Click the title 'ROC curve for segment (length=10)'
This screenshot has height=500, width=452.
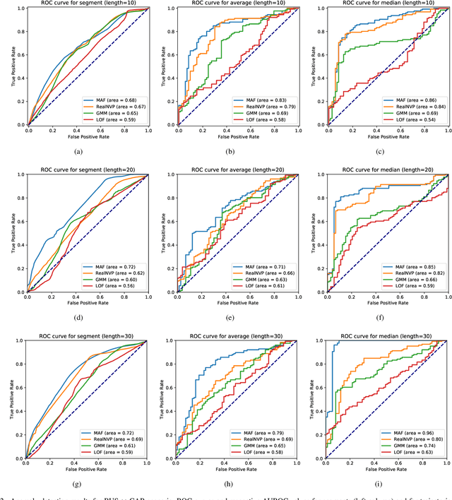(x=86, y=4)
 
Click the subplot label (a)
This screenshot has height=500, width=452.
(x=86, y=151)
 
